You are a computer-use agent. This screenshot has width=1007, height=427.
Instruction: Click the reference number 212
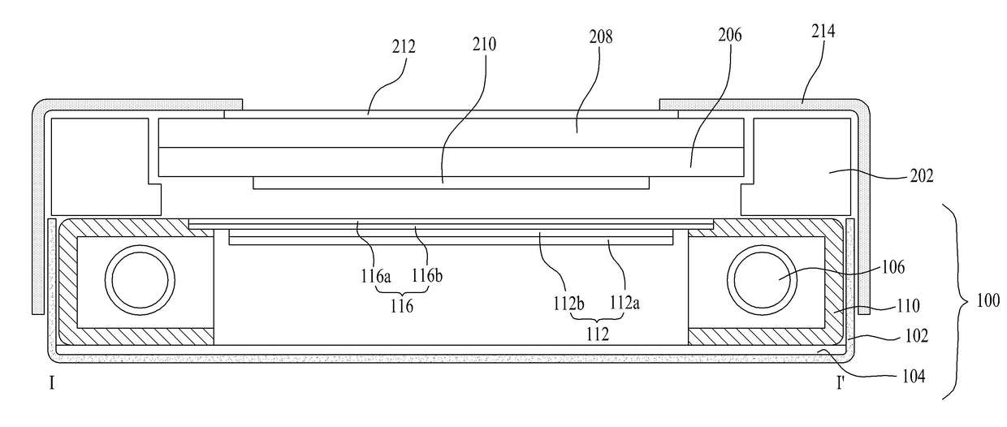404,46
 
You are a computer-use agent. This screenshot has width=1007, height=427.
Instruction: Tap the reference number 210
484,44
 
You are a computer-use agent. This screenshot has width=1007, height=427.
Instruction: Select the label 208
601,37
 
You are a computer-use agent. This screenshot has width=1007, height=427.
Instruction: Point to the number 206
729,35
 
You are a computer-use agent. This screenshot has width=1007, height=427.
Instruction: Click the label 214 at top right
823,31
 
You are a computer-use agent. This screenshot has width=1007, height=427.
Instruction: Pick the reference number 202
922,175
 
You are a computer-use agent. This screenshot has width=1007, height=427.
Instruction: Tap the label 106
892,267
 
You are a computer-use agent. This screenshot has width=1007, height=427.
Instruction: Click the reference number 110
908,306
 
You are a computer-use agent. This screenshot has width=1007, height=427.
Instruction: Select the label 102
916,335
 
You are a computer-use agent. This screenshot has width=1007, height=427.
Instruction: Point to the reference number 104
914,376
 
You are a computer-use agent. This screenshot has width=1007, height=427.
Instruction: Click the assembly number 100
988,300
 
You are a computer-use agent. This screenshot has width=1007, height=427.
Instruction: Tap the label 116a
375,276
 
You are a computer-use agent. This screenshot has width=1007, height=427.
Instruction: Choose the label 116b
427,275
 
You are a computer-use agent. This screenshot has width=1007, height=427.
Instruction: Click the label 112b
568,304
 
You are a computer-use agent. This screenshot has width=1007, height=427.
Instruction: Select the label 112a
625,303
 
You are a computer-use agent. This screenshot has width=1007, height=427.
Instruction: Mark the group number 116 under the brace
401,306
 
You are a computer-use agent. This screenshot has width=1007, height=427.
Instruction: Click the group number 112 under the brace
598,334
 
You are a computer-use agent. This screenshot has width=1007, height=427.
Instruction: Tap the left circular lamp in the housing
140,245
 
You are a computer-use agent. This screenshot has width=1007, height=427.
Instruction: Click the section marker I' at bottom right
841,383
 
